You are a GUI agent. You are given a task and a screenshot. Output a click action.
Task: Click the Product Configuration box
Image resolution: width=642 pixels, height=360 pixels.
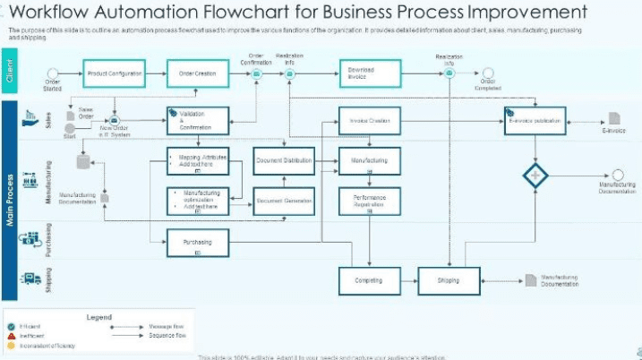tap(114, 73)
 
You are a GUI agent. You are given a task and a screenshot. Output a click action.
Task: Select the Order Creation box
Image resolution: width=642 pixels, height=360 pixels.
tap(197, 73)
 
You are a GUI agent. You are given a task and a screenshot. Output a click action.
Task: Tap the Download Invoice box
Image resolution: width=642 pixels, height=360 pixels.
tap(367, 73)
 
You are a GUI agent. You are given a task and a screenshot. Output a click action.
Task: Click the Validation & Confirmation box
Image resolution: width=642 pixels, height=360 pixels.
tap(198, 121)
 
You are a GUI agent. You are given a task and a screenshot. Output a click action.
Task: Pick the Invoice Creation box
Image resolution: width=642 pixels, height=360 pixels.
tap(369, 121)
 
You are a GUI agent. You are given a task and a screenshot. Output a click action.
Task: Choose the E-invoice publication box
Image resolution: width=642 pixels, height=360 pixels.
tap(535, 120)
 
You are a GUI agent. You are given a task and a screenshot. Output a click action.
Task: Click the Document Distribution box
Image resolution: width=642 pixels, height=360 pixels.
tap(284, 161)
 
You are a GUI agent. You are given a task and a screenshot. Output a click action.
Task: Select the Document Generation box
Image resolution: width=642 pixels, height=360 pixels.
tap(284, 201)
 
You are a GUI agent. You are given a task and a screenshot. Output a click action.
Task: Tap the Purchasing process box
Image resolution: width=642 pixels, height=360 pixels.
tap(198, 242)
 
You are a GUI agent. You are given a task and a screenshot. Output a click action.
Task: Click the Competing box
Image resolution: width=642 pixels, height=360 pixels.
tap(369, 281)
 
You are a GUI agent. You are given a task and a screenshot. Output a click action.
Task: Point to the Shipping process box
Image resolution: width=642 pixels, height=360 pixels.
tap(449, 281)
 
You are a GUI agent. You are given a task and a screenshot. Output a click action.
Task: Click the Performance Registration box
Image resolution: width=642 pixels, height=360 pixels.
tap(369, 201)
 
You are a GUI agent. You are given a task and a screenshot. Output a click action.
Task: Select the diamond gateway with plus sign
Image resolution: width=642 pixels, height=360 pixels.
tap(535, 176)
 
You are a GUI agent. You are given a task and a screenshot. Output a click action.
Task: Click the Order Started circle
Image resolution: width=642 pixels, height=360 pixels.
tap(53, 73)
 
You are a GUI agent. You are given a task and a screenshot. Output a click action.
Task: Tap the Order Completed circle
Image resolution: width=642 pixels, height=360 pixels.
tap(487, 73)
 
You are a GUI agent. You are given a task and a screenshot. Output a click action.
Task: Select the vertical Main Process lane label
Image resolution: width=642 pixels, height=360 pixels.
tap(10, 200)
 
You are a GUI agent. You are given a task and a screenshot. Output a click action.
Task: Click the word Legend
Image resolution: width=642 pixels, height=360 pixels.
tap(98, 317)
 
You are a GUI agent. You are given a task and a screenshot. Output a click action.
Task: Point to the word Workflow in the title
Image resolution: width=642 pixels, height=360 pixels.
tap(54, 13)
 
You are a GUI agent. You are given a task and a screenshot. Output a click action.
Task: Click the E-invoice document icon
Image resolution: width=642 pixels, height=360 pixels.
tap(614, 118)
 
